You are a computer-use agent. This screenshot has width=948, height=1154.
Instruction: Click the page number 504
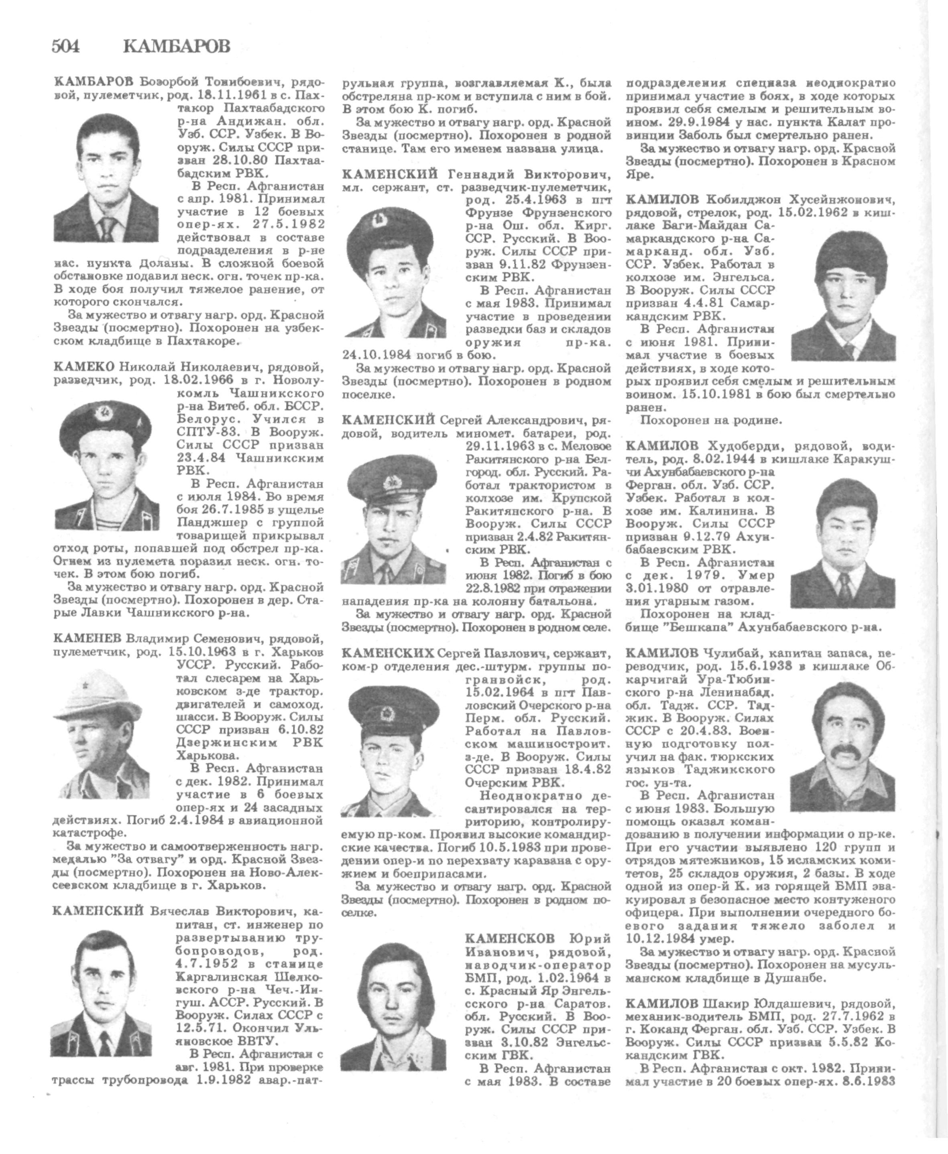[65, 47]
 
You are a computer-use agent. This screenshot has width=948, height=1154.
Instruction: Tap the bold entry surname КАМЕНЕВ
[88, 638]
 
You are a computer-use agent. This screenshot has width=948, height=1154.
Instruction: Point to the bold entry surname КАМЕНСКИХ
[388, 653]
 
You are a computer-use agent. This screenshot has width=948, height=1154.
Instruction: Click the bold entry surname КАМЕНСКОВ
[509, 939]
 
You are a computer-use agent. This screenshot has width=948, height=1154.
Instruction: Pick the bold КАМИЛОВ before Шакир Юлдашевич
[661, 1004]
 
